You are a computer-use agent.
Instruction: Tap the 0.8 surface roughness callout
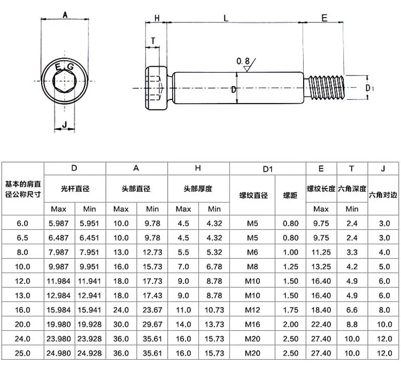pos(243,62)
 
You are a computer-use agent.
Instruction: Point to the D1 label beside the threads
pos(369,87)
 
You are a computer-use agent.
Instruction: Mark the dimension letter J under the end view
pos(64,125)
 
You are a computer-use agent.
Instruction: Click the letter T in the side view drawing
pos(153,41)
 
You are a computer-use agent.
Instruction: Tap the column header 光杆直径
pos(75,189)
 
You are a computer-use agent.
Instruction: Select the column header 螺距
pos(290,195)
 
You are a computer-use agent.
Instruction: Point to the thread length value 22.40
pos(321,324)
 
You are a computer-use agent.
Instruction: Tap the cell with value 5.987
pos(59,223)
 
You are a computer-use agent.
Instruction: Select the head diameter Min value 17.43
pos(152,295)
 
